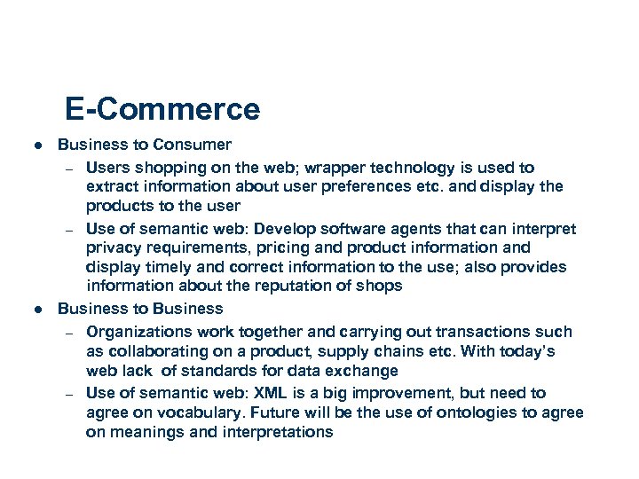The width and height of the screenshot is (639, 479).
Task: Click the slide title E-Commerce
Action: tap(162, 109)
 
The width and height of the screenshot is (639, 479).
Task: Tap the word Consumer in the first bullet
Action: tap(192, 145)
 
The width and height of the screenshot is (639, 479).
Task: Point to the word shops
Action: tap(380, 286)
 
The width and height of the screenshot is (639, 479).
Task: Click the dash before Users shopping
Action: tap(69, 169)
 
